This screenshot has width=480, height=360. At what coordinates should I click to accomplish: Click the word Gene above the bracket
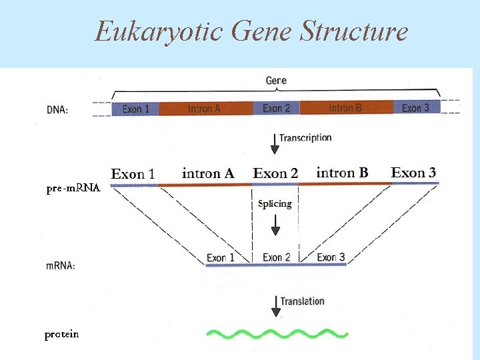pyautogui.click(x=276, y=81)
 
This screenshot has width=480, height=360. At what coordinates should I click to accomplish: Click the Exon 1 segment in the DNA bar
pyautogui.click(x=135, y=108)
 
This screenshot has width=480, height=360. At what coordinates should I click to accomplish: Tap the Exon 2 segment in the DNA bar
pyautogui.click(x=276, y=108)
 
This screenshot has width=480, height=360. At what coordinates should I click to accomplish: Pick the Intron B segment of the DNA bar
pyautogui.click(x=345, y=108)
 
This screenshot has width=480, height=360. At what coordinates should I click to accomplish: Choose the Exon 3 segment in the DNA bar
pyautogui.click(x=416, y=107)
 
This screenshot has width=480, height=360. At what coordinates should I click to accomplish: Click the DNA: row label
pyautogui.click(x=57, y=109)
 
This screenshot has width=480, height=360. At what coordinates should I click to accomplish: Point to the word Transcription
pyautogui.click(x=305, y=138)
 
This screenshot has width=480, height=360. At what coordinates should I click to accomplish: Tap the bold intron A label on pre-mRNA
pyautogui.click(x=208, y=173)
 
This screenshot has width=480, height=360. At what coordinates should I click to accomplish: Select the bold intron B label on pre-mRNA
pyautogui.click(x=342, y=173)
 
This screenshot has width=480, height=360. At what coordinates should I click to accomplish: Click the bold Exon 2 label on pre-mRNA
pyautogui.click(x=275, y=173)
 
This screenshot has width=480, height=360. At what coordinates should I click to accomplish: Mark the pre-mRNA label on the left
pyautogui.click(x=73, y=189)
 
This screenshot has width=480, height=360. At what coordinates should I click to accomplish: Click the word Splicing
pyautogui.click(x=275, y=204)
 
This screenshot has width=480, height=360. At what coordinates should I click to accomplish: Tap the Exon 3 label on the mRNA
pyautogui.click(x=331, y=257)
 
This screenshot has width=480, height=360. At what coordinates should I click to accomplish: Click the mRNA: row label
pyautogui.click(x=60, y=265)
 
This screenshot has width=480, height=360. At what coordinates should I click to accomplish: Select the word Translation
pyautogui.click(x=302, y=301)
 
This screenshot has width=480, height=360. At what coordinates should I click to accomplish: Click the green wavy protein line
pyautogui.click(x=277, y=333)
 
